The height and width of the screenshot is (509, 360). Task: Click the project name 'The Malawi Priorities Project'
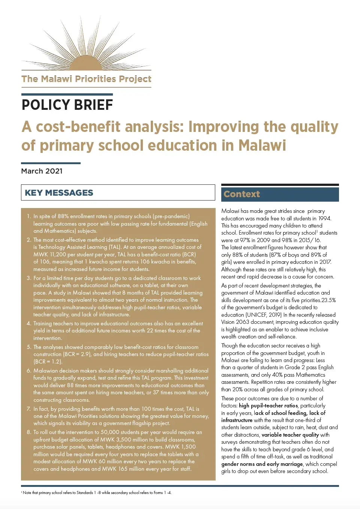coord(86,79)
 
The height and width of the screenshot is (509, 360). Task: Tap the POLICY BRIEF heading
coord(67,105)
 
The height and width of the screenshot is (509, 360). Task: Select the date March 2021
coord(42,171)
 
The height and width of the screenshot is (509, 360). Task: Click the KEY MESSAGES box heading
coord(59,193)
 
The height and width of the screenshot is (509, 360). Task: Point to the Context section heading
coord(242,194)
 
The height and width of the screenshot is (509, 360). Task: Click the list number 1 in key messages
coord(29,216)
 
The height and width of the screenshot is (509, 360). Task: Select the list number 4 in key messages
coord(29,323)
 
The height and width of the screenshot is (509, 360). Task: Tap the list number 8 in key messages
coord(29,432)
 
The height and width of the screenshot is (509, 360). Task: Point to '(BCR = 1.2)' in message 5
coord(48,362)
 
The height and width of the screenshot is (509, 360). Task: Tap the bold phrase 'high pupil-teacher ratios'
coord(268,406)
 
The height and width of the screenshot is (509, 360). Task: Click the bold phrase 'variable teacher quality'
coord(290,435)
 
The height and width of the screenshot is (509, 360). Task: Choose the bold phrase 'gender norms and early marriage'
coord(262,464)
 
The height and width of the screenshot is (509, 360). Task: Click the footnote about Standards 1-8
coord(97,493)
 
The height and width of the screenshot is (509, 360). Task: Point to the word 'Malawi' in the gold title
coord(262,145)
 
